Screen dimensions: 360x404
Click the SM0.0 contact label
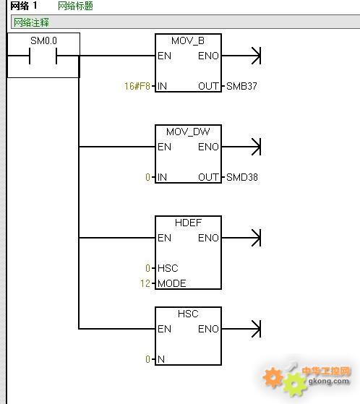43,40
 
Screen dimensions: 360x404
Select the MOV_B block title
188,40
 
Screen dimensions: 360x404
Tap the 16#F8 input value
137,86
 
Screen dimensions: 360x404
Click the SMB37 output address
241,86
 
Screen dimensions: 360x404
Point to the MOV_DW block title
188,132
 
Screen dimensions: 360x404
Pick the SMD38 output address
242,177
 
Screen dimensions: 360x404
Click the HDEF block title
188,223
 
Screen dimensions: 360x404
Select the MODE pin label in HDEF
172,283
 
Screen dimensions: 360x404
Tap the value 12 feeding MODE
145,283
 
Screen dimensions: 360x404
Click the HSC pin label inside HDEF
168,268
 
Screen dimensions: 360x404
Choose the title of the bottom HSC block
188,314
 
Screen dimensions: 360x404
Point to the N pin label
161,359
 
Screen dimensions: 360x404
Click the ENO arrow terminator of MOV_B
256,56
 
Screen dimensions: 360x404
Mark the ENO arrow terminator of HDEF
256,238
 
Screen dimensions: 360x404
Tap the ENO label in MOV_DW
208,147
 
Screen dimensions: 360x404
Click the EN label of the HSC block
164,329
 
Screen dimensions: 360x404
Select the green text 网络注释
31,22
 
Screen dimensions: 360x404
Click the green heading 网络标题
75,6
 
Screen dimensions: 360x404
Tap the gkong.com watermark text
329,381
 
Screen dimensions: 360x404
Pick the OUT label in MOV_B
208,86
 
